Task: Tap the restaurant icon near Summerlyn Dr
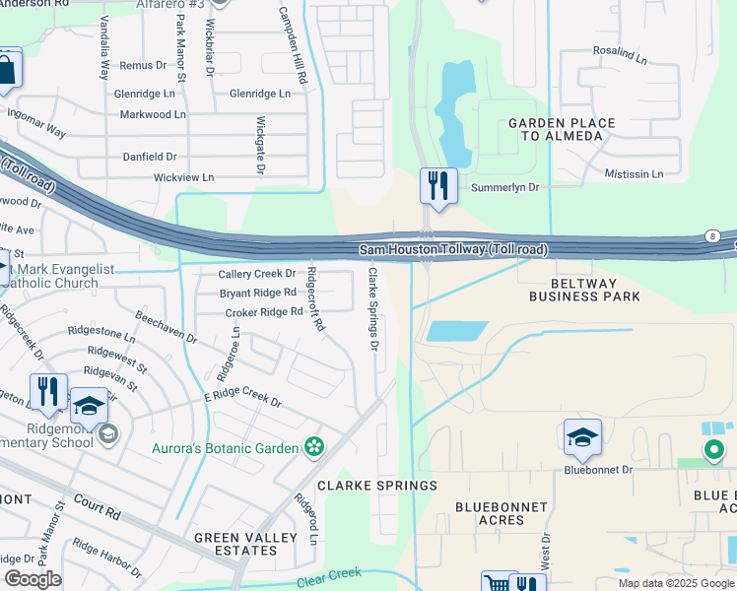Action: (x=438, y=185)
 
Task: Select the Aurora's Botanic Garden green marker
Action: (x=314, y=447)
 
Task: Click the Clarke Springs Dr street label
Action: (x=373, y=308)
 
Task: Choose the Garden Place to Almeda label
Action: (x=561, y=129)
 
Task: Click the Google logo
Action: (x=33, y=579)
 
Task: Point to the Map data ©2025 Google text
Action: (x=675, y=583)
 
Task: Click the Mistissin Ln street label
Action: (x=635, y=174)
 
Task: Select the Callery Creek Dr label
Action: (x=257, y=274)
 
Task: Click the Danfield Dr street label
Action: (x=150, y=157)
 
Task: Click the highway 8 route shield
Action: (x=711, y=236)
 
